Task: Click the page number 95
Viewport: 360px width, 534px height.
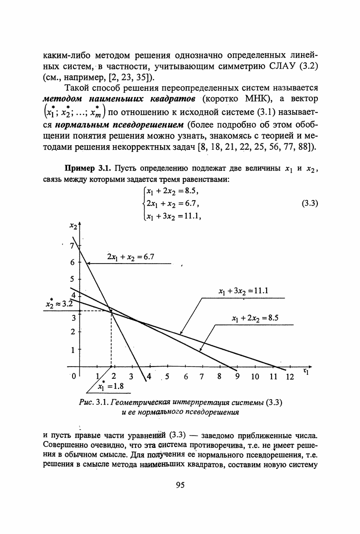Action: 180,485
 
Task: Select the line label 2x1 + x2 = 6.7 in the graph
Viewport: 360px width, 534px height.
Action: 131,257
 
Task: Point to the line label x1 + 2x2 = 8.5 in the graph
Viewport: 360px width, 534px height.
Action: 254,318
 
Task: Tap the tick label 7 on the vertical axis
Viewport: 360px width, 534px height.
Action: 70,246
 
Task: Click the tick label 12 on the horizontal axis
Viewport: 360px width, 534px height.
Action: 289,377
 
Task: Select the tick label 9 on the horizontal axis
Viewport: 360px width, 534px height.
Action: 236,377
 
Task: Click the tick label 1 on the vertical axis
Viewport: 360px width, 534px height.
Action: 72,350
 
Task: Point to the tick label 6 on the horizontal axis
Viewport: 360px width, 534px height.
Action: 186,377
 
